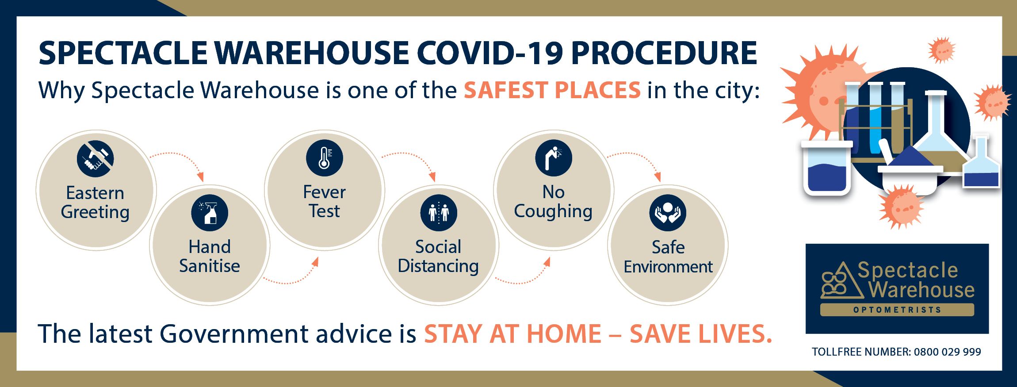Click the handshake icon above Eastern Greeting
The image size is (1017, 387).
tap(95, 159)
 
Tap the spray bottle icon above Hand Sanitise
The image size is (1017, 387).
tap(210, 213)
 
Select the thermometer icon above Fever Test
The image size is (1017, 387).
tap(325, 158)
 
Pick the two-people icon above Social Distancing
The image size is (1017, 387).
tap(439, 213)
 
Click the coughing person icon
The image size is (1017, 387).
tap(554, 158)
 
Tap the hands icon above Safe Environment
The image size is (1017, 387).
tap(668, 213)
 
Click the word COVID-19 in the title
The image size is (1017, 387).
tap(490, 53)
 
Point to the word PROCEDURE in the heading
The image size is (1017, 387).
tap(664, 53)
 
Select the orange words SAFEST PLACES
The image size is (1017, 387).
tap(552, 90)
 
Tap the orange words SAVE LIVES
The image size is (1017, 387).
tap(700, 333)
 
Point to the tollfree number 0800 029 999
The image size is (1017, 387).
tap(948, 352)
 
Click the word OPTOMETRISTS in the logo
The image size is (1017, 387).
tap(897, 310)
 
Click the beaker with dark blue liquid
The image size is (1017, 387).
tap(826, 168)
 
